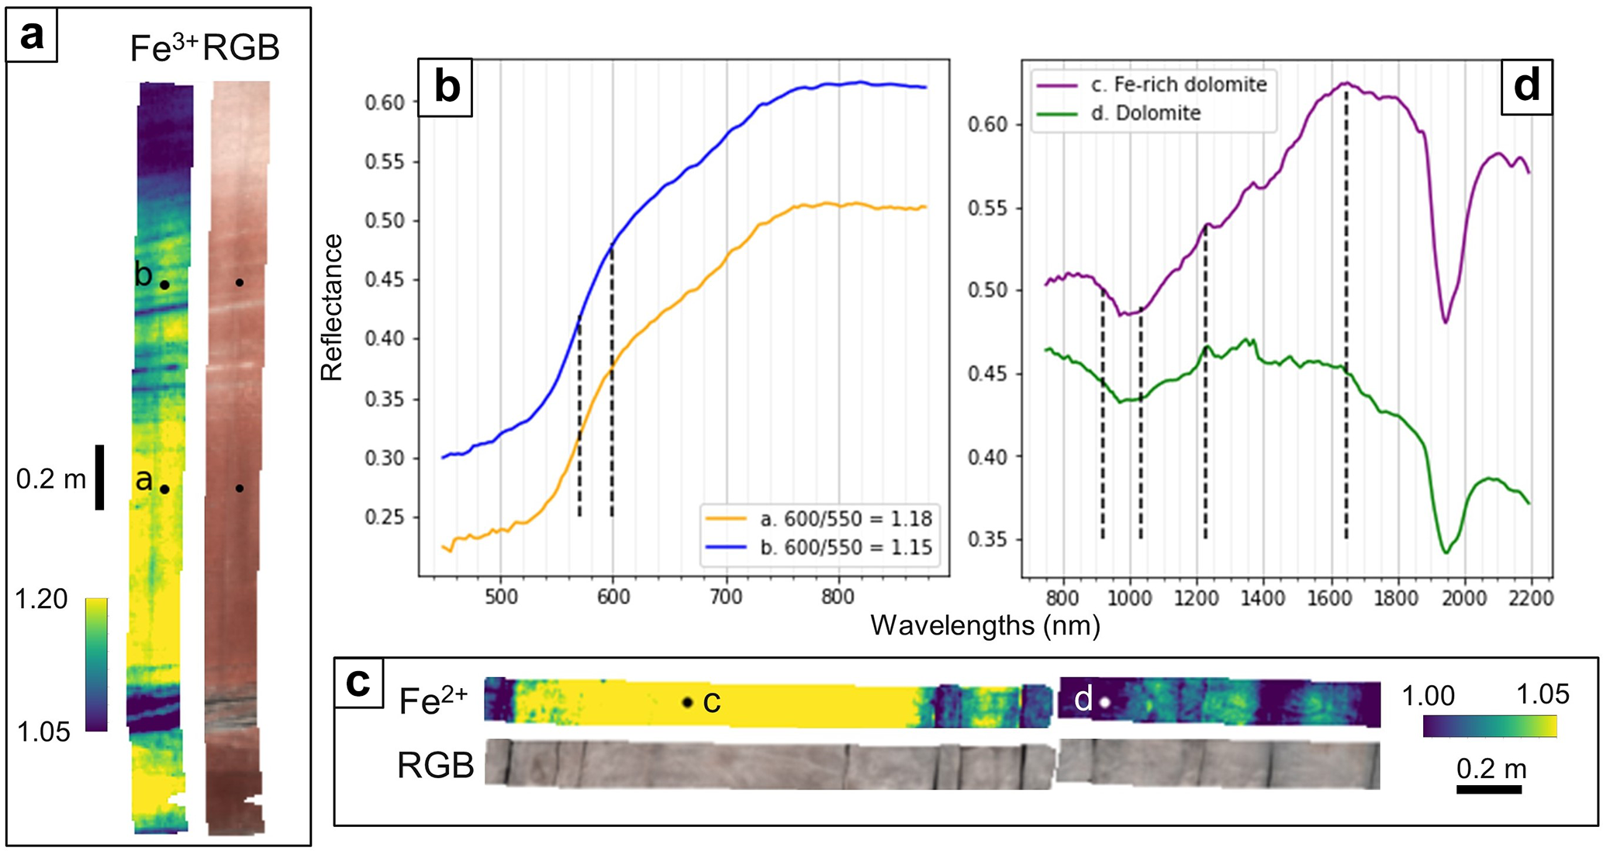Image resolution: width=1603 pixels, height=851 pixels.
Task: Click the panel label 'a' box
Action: [x=32, y=36]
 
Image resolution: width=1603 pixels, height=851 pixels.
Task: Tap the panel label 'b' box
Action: [x=445, y=87]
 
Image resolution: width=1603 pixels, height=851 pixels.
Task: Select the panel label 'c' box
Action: [x=358, y=683]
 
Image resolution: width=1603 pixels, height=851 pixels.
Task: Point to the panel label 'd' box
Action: [x=1526, y=85]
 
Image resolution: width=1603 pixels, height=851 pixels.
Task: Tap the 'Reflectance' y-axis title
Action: [x=331, y=308]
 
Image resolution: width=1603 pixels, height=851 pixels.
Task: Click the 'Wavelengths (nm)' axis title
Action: [x=985, y=625]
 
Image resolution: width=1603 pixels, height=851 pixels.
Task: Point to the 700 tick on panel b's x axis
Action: [x=726, y=597]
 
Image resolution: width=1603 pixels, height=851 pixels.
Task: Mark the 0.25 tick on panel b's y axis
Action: [x=385, y=517]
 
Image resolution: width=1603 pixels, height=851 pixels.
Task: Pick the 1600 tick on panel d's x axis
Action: [x=1331, y=598]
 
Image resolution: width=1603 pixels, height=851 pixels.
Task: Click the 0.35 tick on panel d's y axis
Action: [x=987, y=540]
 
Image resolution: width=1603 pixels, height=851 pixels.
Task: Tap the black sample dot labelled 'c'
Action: [x=687, y=702]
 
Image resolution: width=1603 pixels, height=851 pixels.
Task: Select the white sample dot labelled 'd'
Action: [x=1105, y=702]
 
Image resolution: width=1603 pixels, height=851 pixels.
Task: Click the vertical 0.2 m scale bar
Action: [x=99, y=477]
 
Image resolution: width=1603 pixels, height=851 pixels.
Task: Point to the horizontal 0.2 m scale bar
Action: [x=1489, y=790]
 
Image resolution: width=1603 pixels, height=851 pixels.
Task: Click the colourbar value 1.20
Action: [x=41, y=599]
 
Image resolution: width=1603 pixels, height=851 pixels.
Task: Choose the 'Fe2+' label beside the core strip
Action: [x=433, y=701]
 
